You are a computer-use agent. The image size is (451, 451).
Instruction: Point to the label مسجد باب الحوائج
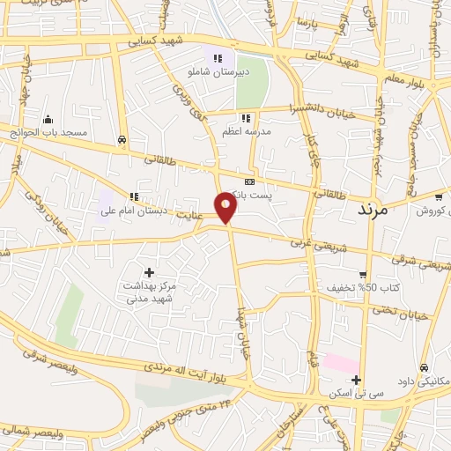coord(49,133)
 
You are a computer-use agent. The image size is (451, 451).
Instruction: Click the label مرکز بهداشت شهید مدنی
coord(149,293)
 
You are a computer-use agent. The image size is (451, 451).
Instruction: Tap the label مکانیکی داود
coord(422,381)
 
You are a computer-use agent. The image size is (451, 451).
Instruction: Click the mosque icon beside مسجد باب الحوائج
coord(48,120)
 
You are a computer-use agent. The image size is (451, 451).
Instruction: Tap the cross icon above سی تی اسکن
coord(355,381)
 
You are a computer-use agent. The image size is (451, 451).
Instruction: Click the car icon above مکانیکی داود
coord(424,367)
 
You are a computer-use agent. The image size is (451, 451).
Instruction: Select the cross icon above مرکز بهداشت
coord(149,273)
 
